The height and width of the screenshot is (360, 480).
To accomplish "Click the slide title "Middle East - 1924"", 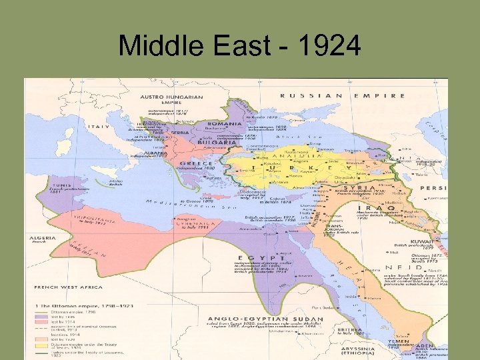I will pyautogui.click(x=239, y=46).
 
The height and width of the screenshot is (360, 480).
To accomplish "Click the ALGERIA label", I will pyautogui.click(x=41, y=237).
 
